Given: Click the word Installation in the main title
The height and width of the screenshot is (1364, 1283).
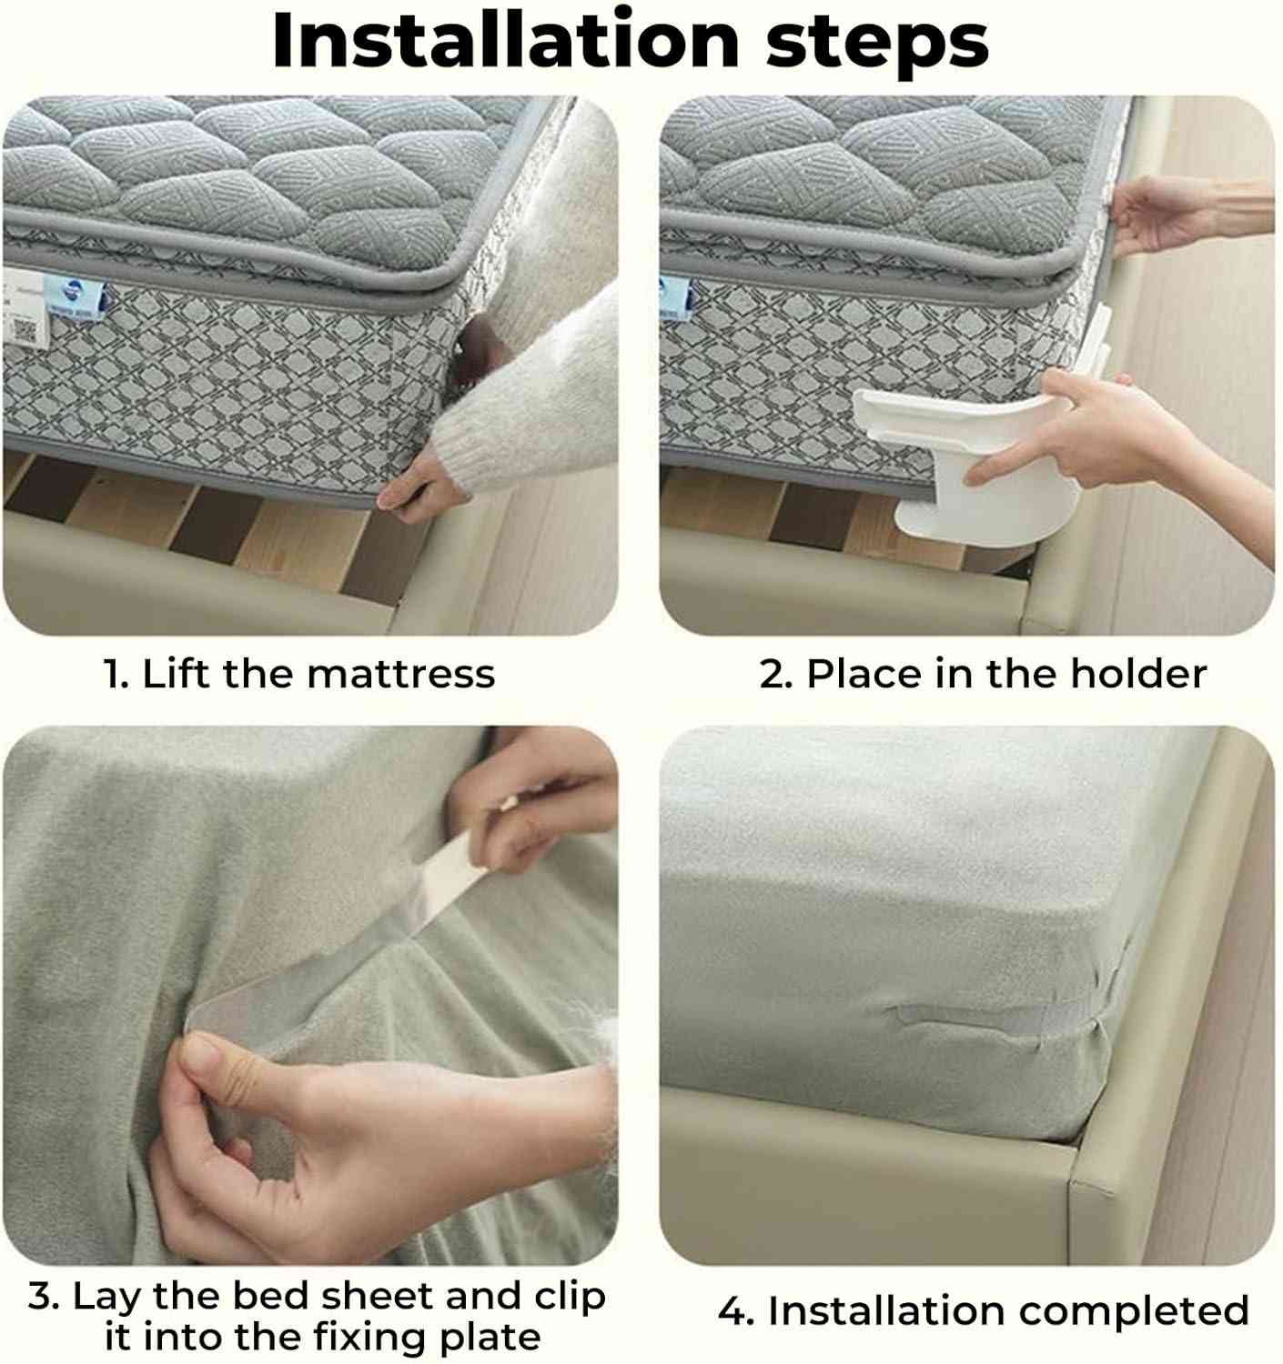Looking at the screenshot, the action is (x=505, y=41).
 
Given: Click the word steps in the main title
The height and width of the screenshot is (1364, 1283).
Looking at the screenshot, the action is (x=877, y=45).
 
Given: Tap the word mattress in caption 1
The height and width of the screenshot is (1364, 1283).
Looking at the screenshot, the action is (x=401, y=674).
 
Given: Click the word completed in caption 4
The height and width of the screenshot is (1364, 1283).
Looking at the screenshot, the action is (x=1134, y=1311).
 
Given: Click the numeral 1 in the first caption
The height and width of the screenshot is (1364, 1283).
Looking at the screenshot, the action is (x=114, y=674).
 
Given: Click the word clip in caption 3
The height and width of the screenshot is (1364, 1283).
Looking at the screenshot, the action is (x=570, y=1298).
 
